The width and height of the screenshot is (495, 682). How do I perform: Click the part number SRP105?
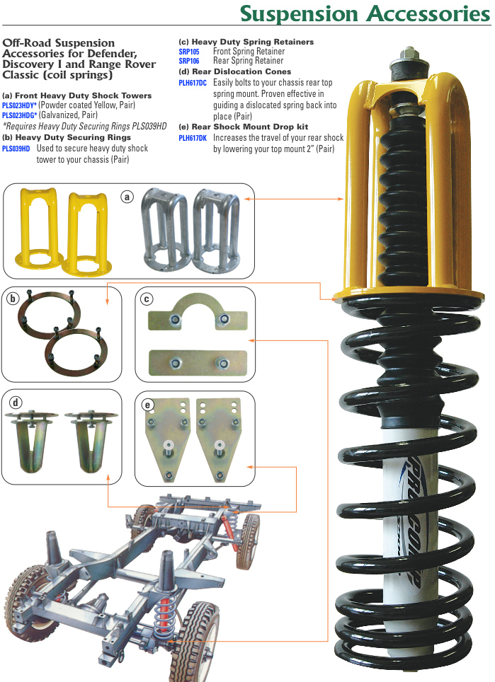(189, 52)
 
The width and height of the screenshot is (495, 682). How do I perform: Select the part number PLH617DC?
(193, 83)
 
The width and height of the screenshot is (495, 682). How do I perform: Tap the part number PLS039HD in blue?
(16, 149)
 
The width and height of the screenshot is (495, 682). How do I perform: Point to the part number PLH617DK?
(193, 138)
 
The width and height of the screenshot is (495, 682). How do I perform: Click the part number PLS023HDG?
(18, 115)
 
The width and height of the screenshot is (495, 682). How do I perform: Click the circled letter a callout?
(127, 197)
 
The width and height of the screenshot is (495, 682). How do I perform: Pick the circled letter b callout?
(13, 299)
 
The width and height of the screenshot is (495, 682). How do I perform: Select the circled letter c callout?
(147, 299)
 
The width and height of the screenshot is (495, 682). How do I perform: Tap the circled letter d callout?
(16, 403)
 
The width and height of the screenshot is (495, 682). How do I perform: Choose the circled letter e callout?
(147, 405)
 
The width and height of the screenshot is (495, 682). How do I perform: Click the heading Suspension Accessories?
(365, 13)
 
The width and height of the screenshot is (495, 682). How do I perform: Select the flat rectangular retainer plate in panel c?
(198, 363)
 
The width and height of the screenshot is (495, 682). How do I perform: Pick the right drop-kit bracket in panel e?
(219, 440)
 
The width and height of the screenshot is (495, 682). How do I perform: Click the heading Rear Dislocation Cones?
(234, 71)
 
